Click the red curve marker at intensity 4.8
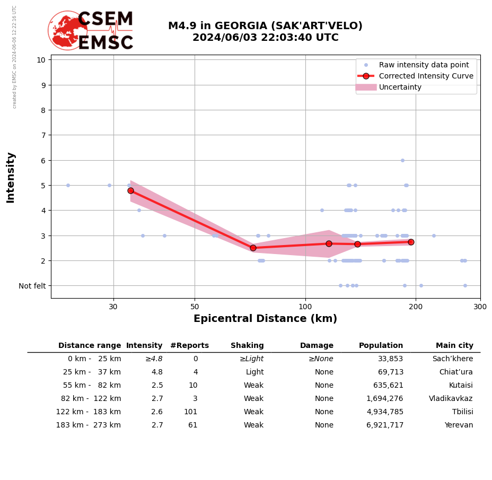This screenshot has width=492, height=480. pos(130,190)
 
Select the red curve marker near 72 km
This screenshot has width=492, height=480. pos(253,248)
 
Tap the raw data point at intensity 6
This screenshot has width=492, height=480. pos(402,160)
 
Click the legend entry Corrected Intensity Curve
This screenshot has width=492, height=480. pos(426,76)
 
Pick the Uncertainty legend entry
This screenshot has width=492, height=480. pos(400,87)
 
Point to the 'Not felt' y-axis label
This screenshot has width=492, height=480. pos(32,286)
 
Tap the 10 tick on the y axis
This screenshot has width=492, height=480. pos(41,59)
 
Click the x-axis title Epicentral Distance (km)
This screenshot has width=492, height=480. pos(265,319)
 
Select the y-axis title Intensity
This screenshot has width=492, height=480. pos(11,177)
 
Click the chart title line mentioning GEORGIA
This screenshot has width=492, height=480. pos(265,26)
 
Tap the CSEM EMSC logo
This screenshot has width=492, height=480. pos(91,31)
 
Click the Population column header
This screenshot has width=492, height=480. pos(381,345)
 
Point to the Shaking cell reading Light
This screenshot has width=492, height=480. pos(254,372)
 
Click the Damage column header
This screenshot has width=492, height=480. pos(317,345)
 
